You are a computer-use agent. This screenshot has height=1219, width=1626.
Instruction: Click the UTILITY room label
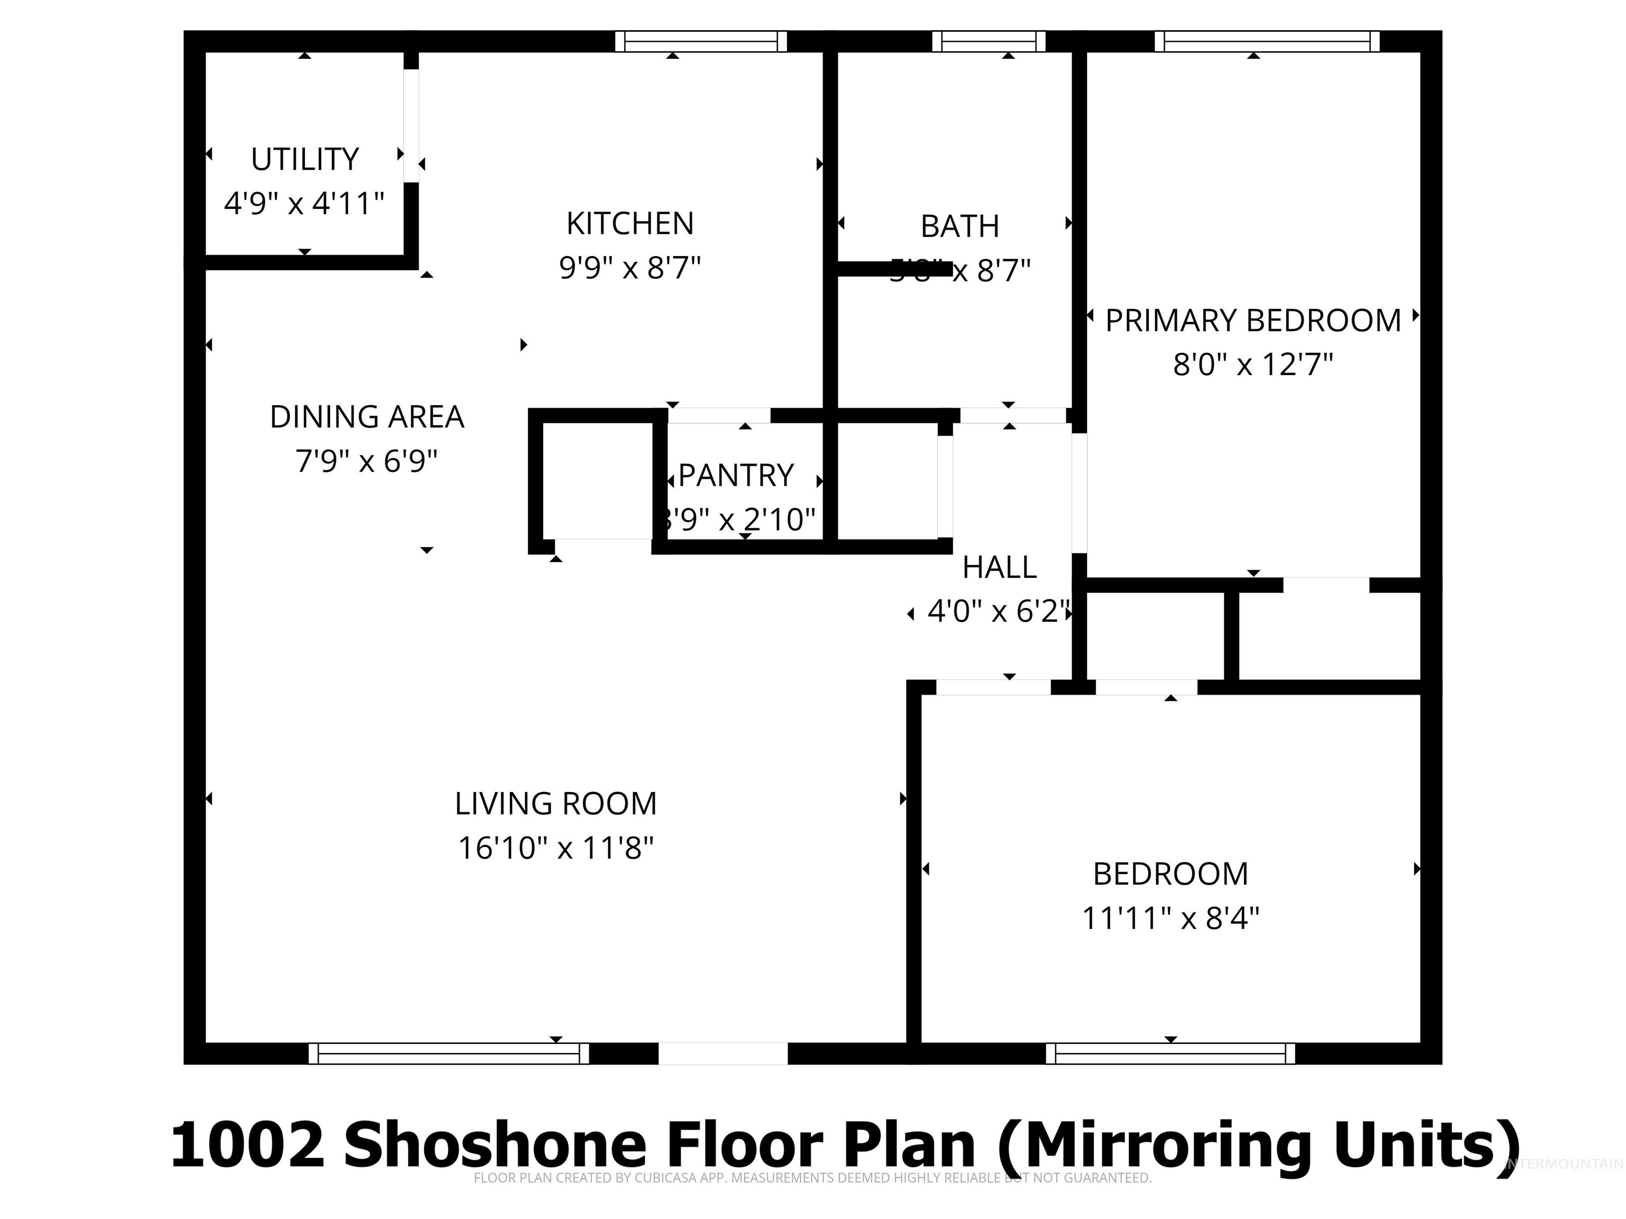coord(304,159)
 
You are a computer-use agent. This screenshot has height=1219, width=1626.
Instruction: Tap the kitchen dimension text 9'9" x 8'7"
coord(630,268)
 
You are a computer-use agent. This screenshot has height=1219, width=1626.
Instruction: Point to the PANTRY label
coord(736,476)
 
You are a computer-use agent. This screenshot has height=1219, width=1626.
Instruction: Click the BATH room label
coord(960,226)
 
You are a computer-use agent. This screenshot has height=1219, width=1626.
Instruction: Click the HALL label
coord(999,567)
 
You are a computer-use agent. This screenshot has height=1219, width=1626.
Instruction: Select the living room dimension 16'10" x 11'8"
coord(556,848)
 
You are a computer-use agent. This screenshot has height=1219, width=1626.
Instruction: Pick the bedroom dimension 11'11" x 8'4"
coord(1170,918)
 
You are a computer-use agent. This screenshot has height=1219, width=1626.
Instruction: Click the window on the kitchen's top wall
coord(701,42)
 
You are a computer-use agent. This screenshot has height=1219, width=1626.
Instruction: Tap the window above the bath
coord(989,42)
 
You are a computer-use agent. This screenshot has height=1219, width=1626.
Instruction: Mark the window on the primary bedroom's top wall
coord(1267,42)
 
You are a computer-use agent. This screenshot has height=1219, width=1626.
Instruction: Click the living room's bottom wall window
coord(448,1053)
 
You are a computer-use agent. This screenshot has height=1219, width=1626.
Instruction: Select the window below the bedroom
coord(1170,1053)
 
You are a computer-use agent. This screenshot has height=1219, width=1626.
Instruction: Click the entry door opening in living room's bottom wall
coord(722,1053)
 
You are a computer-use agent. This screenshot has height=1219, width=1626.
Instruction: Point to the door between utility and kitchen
coord(411,125)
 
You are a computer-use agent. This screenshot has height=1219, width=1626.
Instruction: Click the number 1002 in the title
coord(248,1144)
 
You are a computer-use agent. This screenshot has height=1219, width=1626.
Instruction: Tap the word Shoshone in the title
coord(495,1144)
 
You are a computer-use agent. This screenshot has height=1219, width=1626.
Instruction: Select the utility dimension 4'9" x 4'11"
coord(304,203)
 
